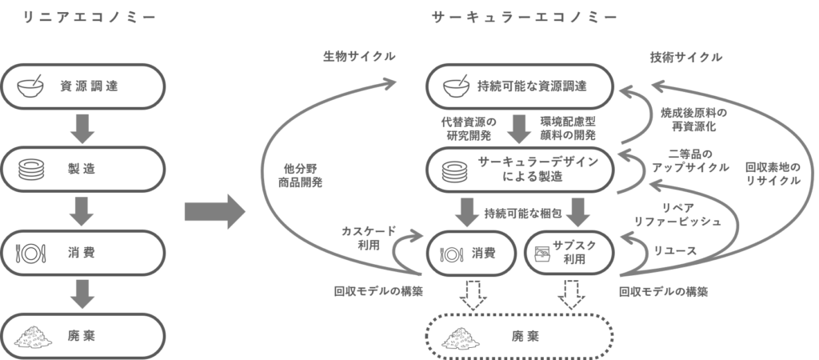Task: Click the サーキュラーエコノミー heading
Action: click(524, 17)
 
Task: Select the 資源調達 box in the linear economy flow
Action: click(83, 85)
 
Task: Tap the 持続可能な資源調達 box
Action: click(519, 85)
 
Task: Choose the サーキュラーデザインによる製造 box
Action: click(519, 169)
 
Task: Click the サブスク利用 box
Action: click(569, 252)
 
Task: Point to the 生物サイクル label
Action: click(359, 58)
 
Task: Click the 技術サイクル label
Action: click(685, 58)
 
